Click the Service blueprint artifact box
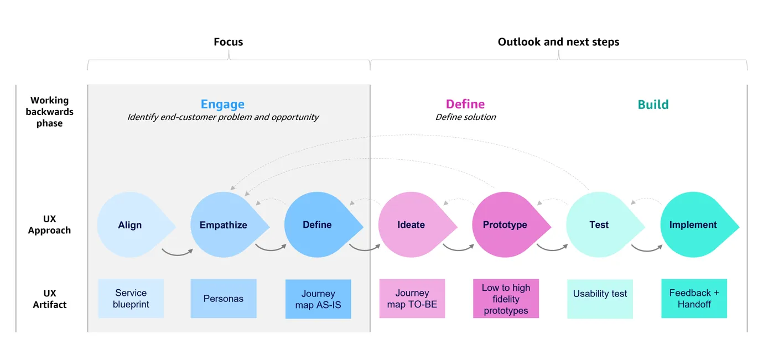tap(131, 299)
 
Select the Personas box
tap(224, 299)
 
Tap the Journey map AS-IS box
tap(318, 299)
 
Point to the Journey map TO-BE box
tap(412, 299)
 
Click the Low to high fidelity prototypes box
tap(506, 299)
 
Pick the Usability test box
tap(600, 299)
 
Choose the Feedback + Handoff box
tap(694, 299)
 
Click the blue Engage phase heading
tap(222, 104)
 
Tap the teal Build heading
tap(653, 105)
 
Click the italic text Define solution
tap(466, 117)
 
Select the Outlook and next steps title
tap(559, 42)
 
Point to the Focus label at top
tap(228, 42)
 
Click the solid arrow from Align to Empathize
tap(177, 253)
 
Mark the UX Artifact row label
tap(49, 299)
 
